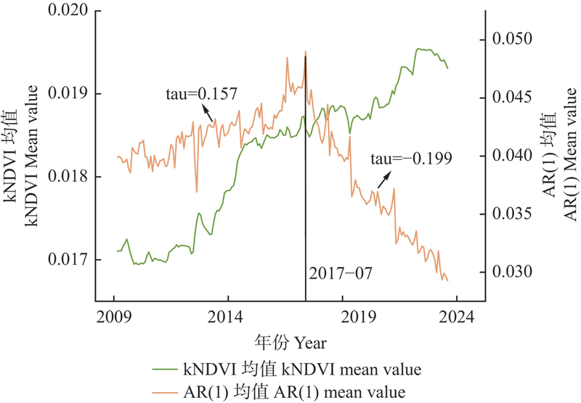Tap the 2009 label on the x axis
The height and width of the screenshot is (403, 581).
114,317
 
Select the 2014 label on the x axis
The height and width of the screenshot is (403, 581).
228,317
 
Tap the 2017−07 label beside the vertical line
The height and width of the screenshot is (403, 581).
340,274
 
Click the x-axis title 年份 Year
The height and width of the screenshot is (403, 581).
290,342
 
